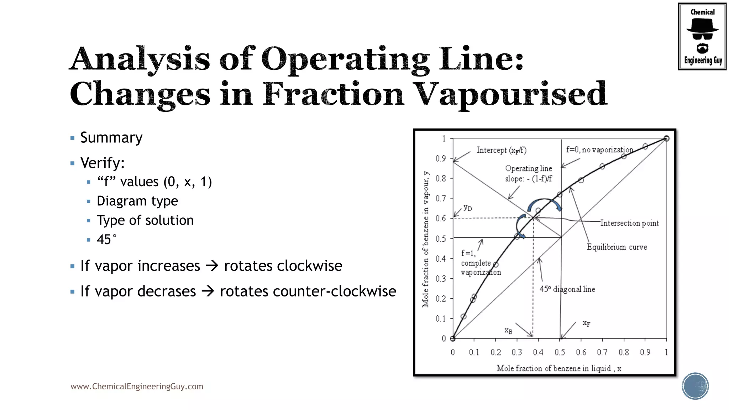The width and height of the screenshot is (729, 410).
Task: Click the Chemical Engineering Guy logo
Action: coord(702,36)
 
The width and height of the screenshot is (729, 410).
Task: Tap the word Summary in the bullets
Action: coord(111,138)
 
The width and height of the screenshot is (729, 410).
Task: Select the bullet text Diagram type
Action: coord(137,201)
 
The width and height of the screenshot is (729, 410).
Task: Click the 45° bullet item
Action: coord(106,240)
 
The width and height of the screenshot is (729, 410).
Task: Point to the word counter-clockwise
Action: coord(308,291)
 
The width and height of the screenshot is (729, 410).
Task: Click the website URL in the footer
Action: coord(137,387)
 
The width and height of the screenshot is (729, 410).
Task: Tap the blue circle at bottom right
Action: coord(695,386)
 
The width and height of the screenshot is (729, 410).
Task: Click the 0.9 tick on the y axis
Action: coord(441,158)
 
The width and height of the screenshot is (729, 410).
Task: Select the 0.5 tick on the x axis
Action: coord(560,352)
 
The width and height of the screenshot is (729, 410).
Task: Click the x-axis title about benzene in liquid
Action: coord(559,368)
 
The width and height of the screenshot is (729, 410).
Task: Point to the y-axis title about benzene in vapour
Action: coord(426,238)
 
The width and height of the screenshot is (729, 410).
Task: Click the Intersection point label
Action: coord(629,223)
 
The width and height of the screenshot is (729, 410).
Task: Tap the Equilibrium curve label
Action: coord(617,247)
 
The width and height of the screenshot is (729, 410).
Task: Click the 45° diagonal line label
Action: coord(567,289)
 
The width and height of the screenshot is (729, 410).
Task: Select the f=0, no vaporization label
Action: coord(599,150)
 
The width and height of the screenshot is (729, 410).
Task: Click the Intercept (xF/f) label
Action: coord(501,150)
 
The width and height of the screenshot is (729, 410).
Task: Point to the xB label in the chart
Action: coord(508,331)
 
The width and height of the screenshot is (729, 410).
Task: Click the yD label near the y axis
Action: coord(468,208)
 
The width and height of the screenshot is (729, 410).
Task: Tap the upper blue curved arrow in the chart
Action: coord(545,204)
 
